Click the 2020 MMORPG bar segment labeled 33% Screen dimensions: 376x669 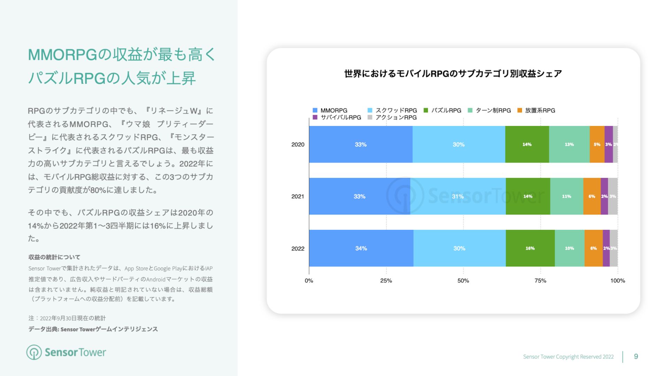pos(361,144)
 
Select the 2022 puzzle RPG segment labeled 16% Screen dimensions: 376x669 pos(530,248)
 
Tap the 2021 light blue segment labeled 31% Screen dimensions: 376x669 pos(458,196)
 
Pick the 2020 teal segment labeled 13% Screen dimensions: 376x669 pos(569,144)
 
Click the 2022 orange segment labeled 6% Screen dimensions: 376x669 pos(593,248)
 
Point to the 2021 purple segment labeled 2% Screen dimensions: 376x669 pos(604,196)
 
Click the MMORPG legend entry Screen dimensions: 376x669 pos(330,110)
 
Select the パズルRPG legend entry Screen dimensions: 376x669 pos(443,110)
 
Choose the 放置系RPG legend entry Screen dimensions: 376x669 pos(536,110)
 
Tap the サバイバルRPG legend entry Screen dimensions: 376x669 pos(337,117)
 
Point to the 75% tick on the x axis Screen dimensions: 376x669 pos(540,281)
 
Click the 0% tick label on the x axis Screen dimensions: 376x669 pos(309,281)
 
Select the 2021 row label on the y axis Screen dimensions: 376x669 pos(298,196)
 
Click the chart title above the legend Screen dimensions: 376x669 pos(453,74)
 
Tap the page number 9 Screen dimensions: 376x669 pos(636,357)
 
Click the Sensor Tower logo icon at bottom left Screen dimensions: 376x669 pos(34,352)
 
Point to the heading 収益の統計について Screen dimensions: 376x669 pos(54,257)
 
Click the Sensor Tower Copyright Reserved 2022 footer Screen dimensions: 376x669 pos(568,357)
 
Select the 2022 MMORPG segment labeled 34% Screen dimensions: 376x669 pos(361,248)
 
